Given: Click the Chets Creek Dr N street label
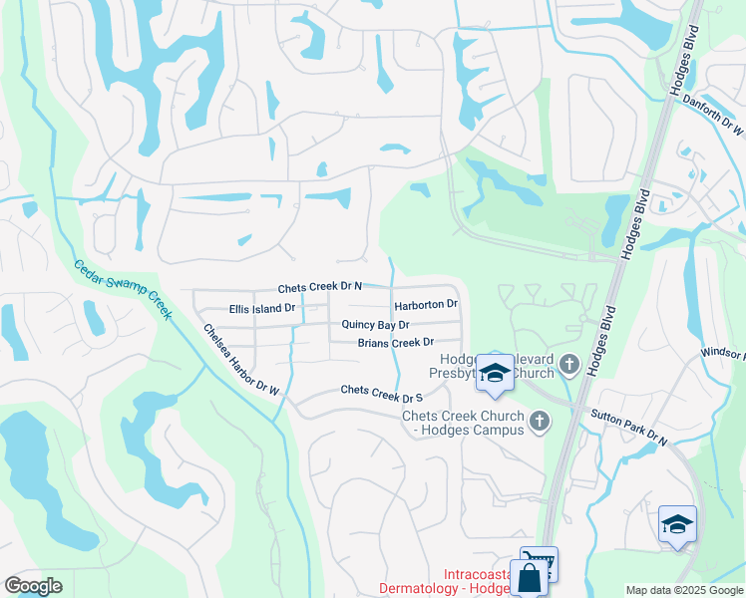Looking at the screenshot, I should pyautogui.click(x=319, y=286).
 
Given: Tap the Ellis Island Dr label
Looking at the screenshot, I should pyautogui.click(x=261, y=309).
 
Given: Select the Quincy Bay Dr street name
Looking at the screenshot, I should pyautogui.click(x=375, y=325).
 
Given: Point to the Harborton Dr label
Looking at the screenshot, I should pyautogui.click(x=425, y=304).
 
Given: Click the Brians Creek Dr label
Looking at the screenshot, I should pyautogui.click(x=396, y=343).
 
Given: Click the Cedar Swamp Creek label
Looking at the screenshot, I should pyautogui.click(x=122, y=289).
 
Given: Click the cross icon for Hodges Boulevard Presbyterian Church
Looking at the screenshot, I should pyautogui.click(x=568, y=364).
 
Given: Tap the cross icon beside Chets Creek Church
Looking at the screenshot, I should pyautogui.click(x=540, y=422).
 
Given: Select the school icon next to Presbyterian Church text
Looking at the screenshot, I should pyautogui.click(x=495, y=373).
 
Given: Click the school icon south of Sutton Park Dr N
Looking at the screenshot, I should pyautogui.click(x=677, y=524).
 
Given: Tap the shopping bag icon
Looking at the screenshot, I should pyautogui.click(x=529, y=578).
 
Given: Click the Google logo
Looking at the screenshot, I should pyautogui.click(x=33, y=586).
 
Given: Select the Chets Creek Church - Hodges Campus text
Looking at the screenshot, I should pyautogui.click(x=463, y=423).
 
